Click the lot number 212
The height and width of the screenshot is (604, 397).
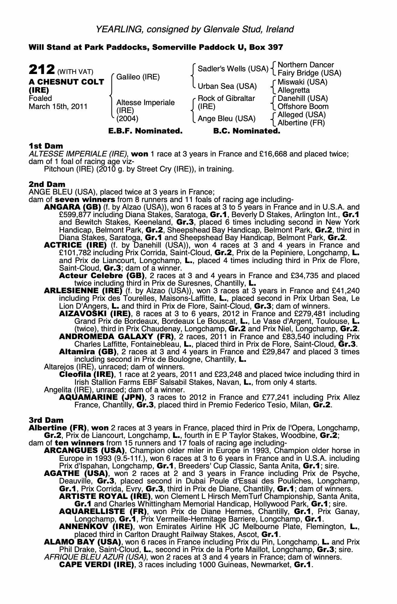42,70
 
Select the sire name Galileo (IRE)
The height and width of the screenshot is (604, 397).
138,77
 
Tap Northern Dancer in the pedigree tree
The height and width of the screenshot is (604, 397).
305,65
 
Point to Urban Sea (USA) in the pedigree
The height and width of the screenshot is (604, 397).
227,86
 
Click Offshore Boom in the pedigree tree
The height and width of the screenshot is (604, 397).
303,107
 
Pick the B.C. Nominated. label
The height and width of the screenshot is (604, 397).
247,131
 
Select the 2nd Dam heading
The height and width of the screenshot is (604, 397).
47,184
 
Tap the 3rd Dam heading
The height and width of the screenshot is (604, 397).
46,420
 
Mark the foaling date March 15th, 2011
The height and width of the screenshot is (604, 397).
58,107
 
